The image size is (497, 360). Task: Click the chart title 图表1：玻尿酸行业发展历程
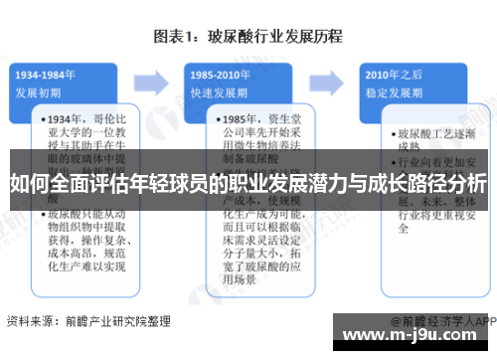248,37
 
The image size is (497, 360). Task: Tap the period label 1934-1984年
46,74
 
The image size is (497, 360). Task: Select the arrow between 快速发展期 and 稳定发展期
326,81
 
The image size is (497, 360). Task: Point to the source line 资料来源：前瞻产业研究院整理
88,321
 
